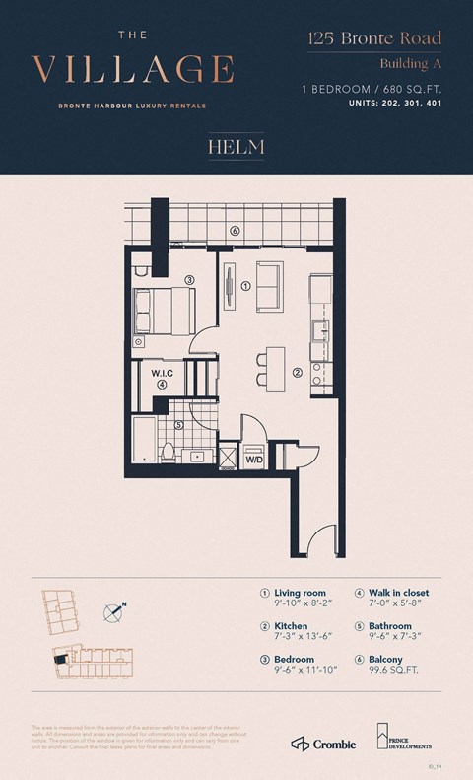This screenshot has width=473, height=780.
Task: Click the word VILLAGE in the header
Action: click(133, 70)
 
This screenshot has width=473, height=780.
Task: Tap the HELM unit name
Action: click(236, 148)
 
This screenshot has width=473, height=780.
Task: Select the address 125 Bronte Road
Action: click(373, 39)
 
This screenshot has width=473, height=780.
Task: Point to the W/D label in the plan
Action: click(253, 459)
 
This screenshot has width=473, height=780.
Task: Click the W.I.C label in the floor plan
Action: click(163, 374)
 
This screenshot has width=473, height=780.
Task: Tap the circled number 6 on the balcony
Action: click(235, 231)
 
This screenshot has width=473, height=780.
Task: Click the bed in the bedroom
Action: click(162, 310)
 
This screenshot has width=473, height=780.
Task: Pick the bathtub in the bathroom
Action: click(144, 439)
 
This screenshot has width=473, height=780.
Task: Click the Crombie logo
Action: click(322, 743)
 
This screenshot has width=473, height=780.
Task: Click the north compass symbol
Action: click(115, 611)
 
